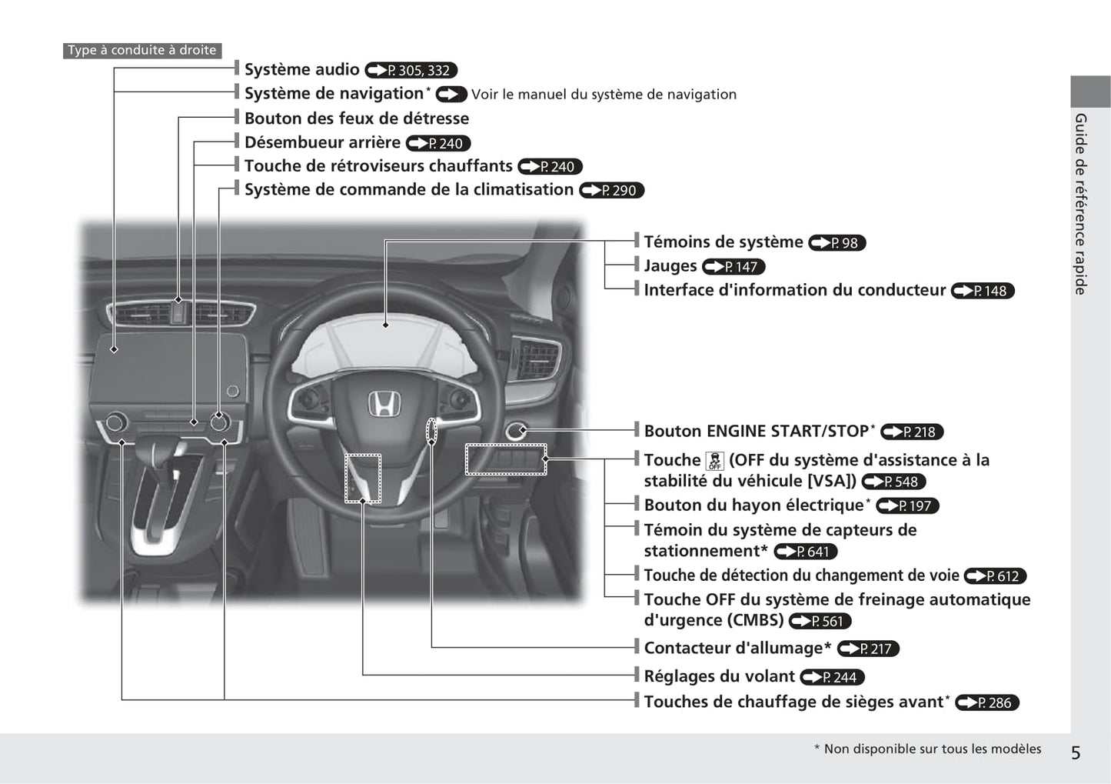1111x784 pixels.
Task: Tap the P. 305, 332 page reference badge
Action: [x=411, y=70]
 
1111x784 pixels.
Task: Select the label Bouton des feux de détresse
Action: [x=357, y=118]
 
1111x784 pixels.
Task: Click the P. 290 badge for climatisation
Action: [x=611, y=190]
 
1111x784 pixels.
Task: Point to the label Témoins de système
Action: [x=723, y=242]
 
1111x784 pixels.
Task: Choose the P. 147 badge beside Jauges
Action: [x=733, y=266]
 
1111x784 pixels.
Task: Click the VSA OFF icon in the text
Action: [x=715, y=461]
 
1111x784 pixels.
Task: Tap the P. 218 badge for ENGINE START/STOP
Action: [x=912, y=432]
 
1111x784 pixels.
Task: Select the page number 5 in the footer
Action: [x=1076, y=752]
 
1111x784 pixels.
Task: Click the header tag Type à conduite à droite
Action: [x=142, y=50]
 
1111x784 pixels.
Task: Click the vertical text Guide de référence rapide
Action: [x=1080, y=204]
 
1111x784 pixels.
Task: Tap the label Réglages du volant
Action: [x=719, y=676]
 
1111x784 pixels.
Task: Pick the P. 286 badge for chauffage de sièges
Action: [x=987, y=702]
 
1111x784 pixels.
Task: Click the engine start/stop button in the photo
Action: [x=515, y=431]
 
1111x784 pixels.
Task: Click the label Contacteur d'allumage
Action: [x=737, y=648]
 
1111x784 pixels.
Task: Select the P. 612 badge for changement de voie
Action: [x=995, y=575]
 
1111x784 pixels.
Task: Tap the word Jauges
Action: [x=670, y=266]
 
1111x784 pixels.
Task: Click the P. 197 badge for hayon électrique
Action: [x=907, y=505]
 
